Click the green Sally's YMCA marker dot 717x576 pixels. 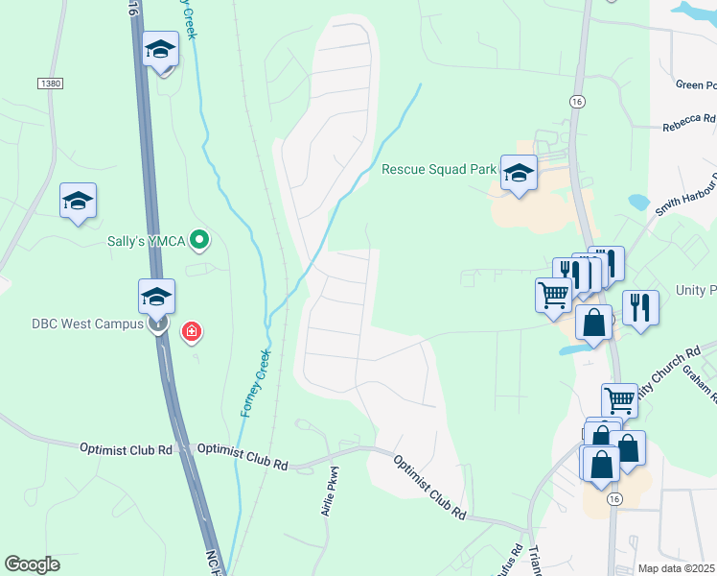click(199, 239)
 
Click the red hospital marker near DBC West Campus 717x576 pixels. click(193, 332)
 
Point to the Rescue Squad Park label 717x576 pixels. click(438, 169)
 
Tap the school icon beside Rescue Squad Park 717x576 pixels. click(519, 173)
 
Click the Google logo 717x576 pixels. click(32, 564)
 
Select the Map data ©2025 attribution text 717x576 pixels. click(676, 568)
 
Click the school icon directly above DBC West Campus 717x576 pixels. click(156, 297)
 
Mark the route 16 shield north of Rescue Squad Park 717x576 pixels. click(576, 101)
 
